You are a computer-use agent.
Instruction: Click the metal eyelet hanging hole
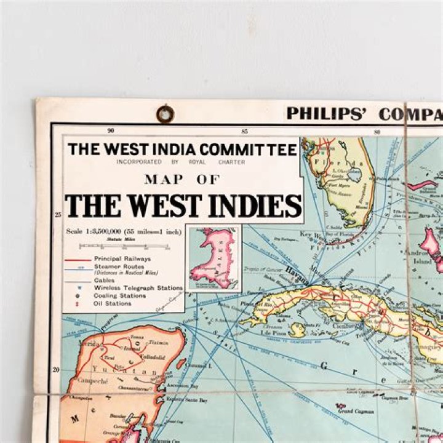click(x=165, y=113)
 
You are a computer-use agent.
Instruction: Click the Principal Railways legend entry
click(x=122, y=259)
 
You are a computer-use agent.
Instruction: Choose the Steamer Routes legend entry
click(x=119, y=267)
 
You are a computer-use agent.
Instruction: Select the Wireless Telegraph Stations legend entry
click(x=138, y=288)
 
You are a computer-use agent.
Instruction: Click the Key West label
click(x=307, y=234)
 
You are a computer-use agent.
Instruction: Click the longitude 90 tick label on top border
click(x=111, y=130)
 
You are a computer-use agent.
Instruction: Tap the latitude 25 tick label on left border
click(x=57, y=214)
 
